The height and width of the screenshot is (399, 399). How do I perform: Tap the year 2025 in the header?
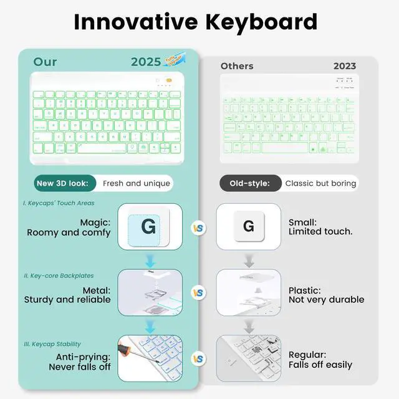point(146,62)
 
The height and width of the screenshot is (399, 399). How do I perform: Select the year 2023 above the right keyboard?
point(344,66)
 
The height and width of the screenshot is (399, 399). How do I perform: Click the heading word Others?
point(237,66)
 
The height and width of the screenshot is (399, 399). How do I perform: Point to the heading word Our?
point(45,62)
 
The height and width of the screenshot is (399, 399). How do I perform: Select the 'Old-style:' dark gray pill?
point(249,183)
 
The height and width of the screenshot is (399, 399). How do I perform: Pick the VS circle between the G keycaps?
point(198,228)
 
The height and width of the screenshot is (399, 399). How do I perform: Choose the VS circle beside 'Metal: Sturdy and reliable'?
point(198,292)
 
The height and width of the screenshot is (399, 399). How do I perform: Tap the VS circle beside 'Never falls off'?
point(198,359)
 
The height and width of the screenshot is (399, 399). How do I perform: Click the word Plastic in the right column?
point(304,291)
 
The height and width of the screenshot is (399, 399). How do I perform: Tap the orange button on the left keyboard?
point(168,80)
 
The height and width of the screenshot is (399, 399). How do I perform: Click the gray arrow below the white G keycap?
point(248,258)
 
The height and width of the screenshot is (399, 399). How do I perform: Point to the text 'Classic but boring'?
point(320,183)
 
